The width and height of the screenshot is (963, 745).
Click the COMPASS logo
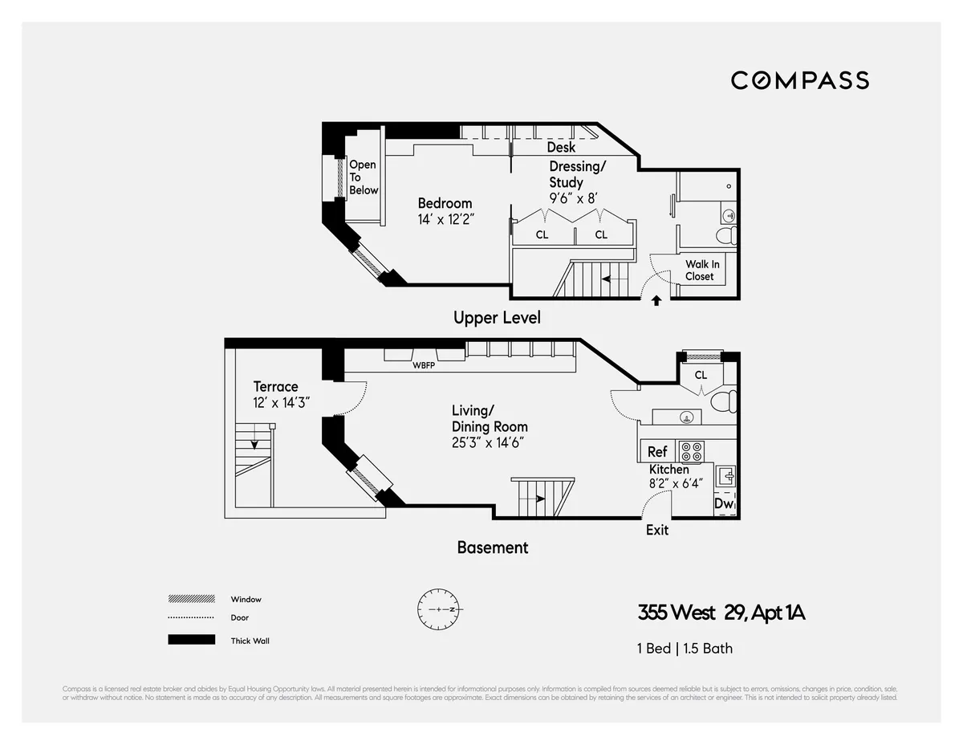click(x=799, y=80)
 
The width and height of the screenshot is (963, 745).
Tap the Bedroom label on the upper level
click(x=445, y=203)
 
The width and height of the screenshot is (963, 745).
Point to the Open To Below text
click(x=363, y=177)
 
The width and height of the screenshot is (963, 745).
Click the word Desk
click(x=561, y=148)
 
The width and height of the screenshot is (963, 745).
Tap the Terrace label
click(x=275, y=386)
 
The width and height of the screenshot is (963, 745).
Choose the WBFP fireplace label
click(x=424, y=365)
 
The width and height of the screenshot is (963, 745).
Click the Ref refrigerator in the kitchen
click(x=657, y=452)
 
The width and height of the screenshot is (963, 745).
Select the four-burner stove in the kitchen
click(x=691, y=451)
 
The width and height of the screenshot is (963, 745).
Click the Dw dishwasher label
click(x=724, y=504)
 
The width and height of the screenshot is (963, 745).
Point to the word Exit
click(x=657, y=530)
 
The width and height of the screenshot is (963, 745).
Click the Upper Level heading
click(x=497, y=318)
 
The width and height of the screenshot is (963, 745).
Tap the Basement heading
click(x=493, y=548)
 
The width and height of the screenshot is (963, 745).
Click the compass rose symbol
click(x=438, y=609)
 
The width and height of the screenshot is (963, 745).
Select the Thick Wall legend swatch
click(x=191, y=640)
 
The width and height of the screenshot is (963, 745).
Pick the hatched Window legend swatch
click(x=191, y=599)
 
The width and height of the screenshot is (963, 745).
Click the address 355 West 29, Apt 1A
click(x=721, y=613)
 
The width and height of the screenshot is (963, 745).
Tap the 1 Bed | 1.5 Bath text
click(x=685, y=648)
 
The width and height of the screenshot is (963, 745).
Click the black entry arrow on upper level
click(x=656, y=300)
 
